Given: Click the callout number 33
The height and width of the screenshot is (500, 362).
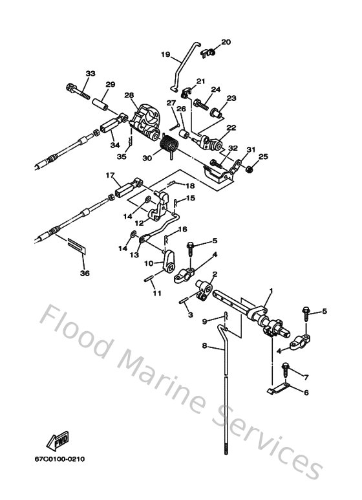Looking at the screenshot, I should coord(90,73).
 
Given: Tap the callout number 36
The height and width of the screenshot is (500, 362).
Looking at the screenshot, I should coord(83,273).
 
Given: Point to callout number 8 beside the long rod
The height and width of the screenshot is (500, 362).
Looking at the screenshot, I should coord(204,346).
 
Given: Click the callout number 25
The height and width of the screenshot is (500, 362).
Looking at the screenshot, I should coord(263,157).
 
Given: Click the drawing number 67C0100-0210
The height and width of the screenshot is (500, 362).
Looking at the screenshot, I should coord(60,459).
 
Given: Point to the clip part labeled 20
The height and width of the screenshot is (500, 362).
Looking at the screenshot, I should coord(207,51).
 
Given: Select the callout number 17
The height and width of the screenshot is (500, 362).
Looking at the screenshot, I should coord(110,175).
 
